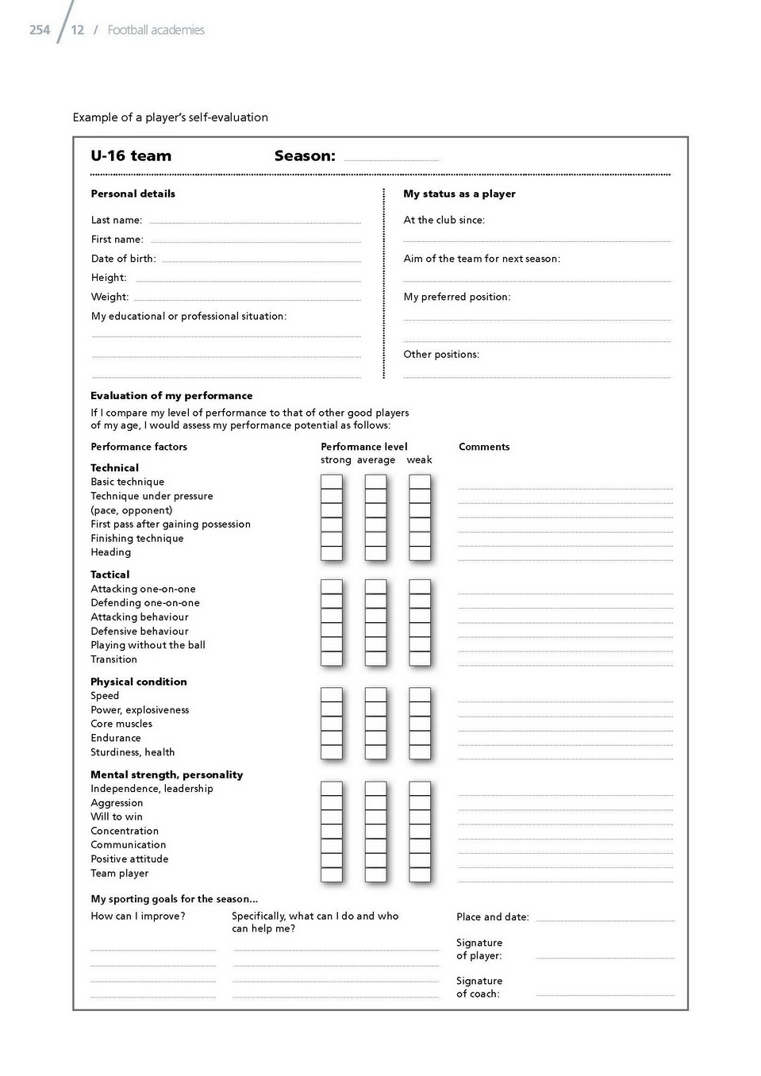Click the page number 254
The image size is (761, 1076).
pyautogui.click(x=40, y=30)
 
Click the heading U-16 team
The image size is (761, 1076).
pyautogui.click(x=131, y=156)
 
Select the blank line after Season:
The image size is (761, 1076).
pyautogui.click(x=391, y=159)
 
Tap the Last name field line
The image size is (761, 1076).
pyautogui.click(x=255, y=222)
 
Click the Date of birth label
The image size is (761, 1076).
pyautogui.click(x=123, y=259)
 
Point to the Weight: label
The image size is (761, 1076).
pyautogui.click(x=110, y=297)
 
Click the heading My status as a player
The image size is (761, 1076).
pyautogui.click(x=459, y=194)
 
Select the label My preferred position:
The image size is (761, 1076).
pyautogui.click(x=456, y=297)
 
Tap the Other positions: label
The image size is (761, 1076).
pyautogui.click(x=441, y=355)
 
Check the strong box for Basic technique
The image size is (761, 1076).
pyautogui.click(x=332, y=482)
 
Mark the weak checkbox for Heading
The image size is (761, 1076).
pyautogui.click(x=420, y=553)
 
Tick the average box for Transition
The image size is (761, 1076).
pyautogui.click(x=375, y=659)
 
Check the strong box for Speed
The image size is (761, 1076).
pyautogui.click(x=332, y=695)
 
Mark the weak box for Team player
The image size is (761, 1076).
pyautogui.click(x=420, y=874)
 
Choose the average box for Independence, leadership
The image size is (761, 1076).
pyautogui.click(x=375, y=789)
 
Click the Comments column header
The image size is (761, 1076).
pyautogui.click(x=484, y=447)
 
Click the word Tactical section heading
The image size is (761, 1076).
pyautogui.click(x=110, y=575)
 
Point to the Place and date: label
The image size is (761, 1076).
pyautogui.click(x=492, y=917)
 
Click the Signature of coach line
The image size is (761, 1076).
pyautogui.click(x=605, y=993)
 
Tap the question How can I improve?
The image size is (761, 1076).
pyautogui.click(x=138, y=917)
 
